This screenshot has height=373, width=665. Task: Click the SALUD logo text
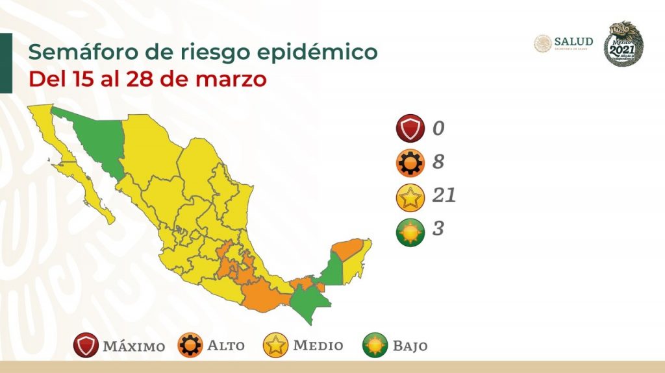[x=573, y=42]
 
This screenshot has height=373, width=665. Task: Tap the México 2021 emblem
[x=623, y=43]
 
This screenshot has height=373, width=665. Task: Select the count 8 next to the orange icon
[x=438, y=162]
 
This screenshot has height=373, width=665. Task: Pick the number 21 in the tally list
[x=444, y=195]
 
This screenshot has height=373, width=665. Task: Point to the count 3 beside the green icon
[x=438, y=228]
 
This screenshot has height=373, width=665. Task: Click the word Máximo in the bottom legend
[x=133, y=346]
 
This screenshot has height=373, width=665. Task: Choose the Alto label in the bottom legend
[x=225, y=345]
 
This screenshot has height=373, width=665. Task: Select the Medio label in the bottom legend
[x=318, y=345]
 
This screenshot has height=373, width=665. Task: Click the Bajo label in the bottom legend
[x=410, y=346]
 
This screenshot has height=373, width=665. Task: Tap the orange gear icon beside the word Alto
[x=190, y=346]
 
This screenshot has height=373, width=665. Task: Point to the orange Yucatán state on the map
[x=349, y=248]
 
